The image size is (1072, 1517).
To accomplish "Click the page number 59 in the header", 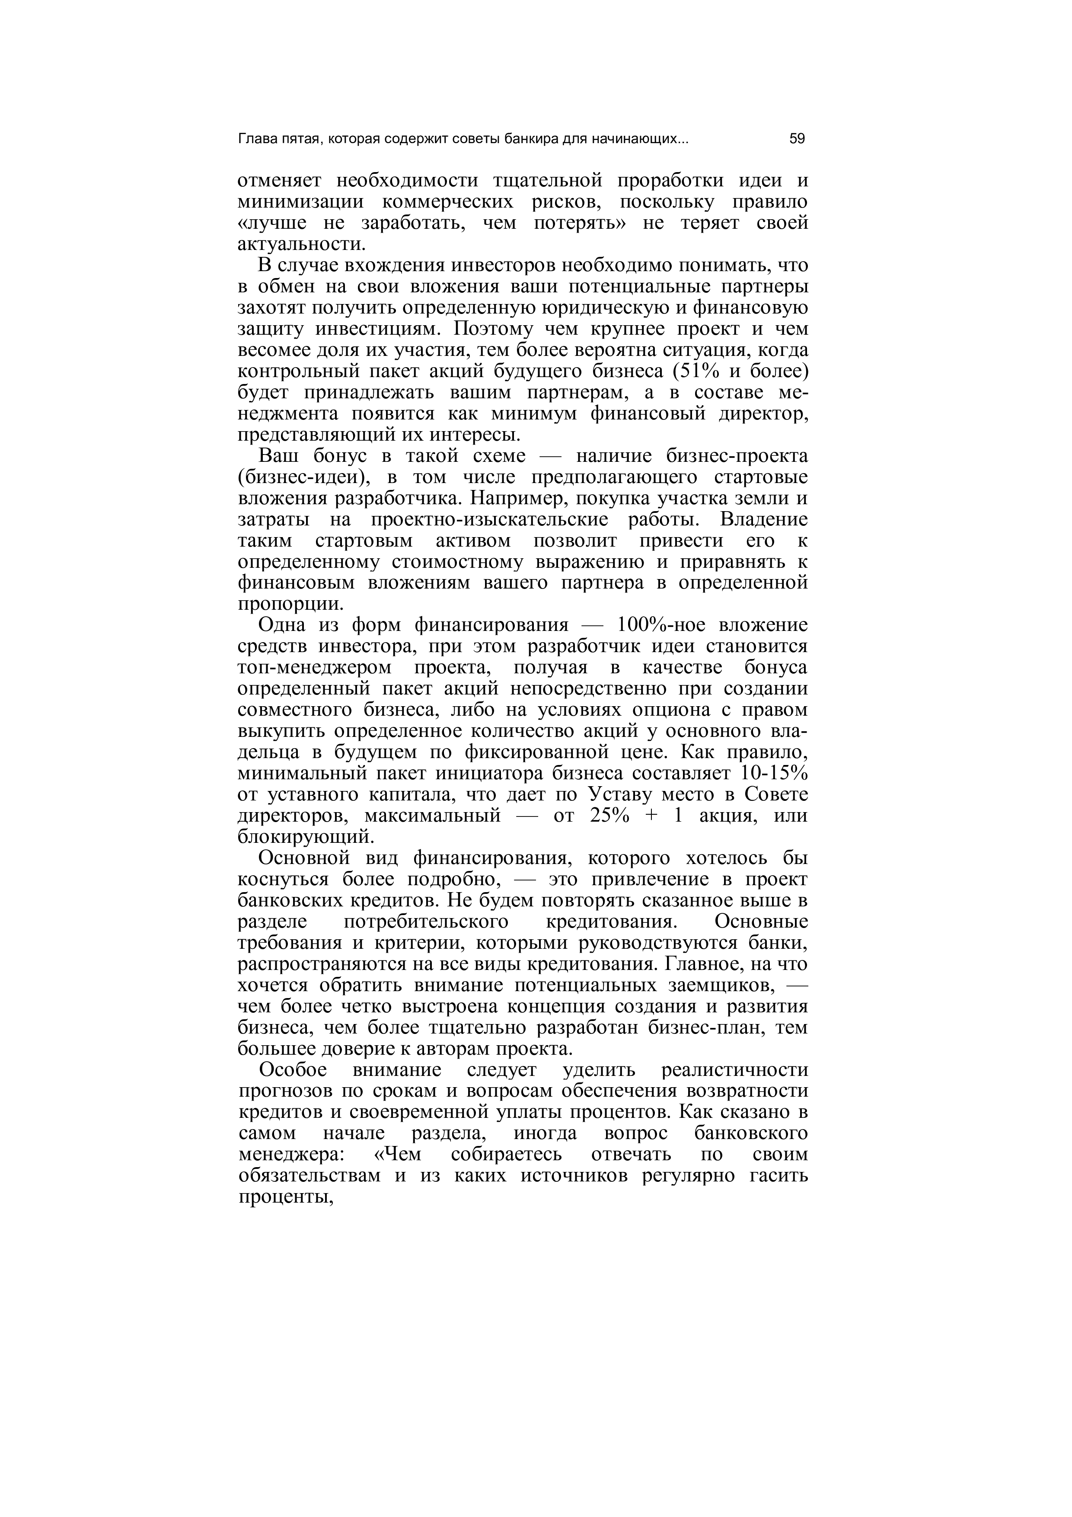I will tap(797, 139).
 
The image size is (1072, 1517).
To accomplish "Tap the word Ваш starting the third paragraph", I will tap(278, 456).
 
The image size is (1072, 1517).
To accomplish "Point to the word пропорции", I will tap(290, 604).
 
